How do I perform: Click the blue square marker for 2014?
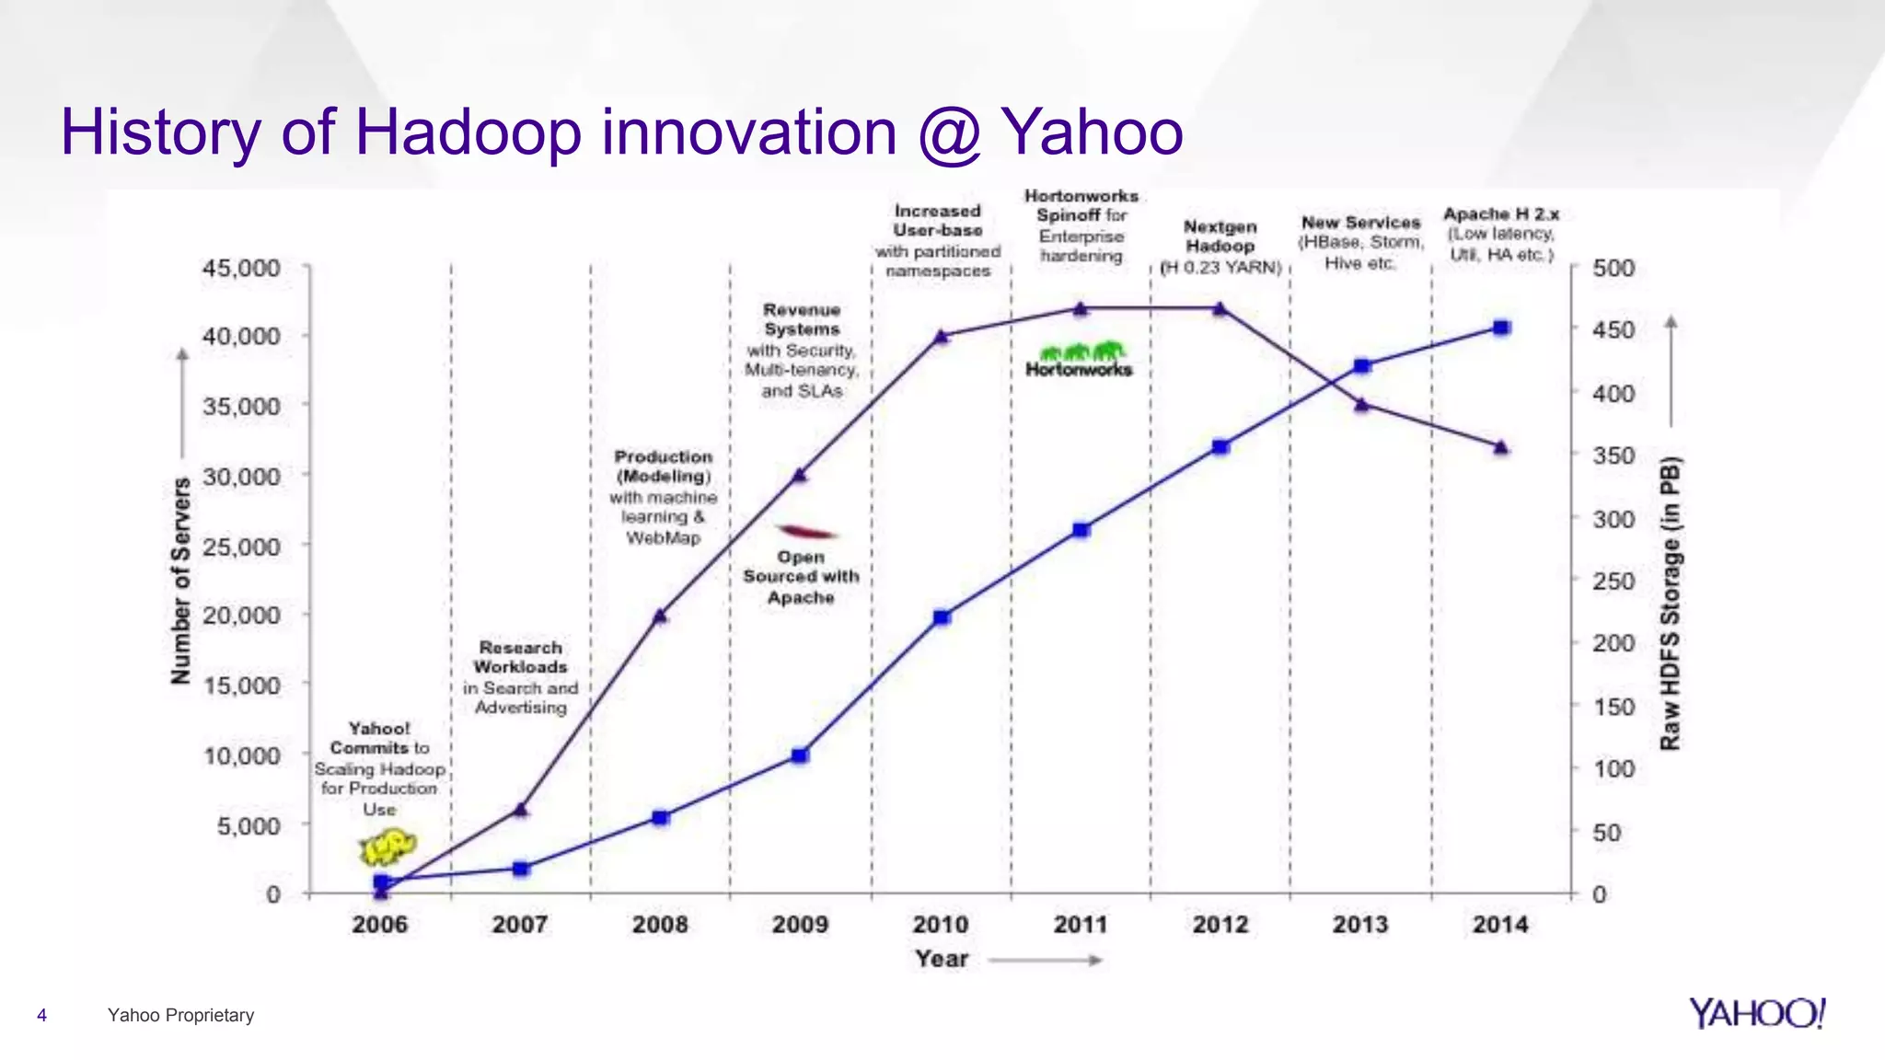click(1501, 328)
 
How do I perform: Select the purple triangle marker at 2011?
click(1081, 309)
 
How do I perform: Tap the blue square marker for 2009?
click(800, 755)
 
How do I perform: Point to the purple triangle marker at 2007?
click(521, 810)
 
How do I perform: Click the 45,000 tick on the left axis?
click(241, 269)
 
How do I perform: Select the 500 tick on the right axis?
click(1613, 269)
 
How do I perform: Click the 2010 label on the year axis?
click(940, 924)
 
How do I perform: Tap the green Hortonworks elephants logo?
click(1081, 352)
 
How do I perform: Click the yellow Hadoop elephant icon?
click(387, 846)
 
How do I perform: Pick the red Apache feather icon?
click(805, 532)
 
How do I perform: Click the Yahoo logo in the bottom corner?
click(1756, 1014)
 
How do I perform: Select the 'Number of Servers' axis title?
click(181, 581)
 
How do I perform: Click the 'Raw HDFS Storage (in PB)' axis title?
click(1670, 603)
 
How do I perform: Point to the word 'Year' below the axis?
click(942, 959)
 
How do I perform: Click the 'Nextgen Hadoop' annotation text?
click(1220, 236)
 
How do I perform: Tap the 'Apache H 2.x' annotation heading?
click(1501, 214)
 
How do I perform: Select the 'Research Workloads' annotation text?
click(520, 657)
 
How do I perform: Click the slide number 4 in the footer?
click(41, 1015)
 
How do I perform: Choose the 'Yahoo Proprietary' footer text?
click(180, 1015)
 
